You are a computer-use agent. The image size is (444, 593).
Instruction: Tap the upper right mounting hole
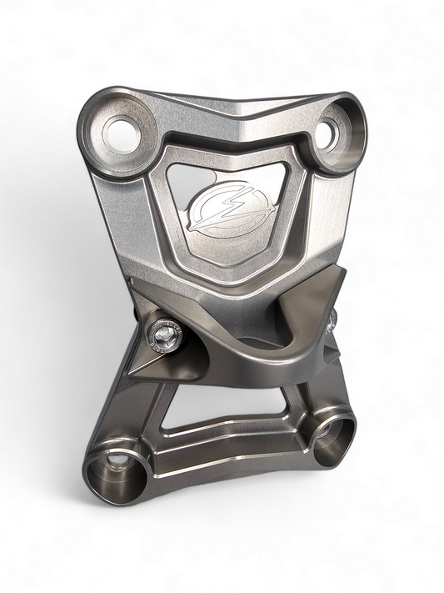329,130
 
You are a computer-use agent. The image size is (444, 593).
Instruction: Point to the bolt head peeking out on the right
332,318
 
